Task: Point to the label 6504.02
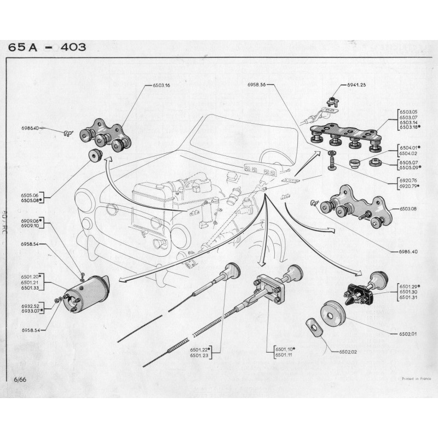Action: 407,153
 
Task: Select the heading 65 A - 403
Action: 47,48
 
